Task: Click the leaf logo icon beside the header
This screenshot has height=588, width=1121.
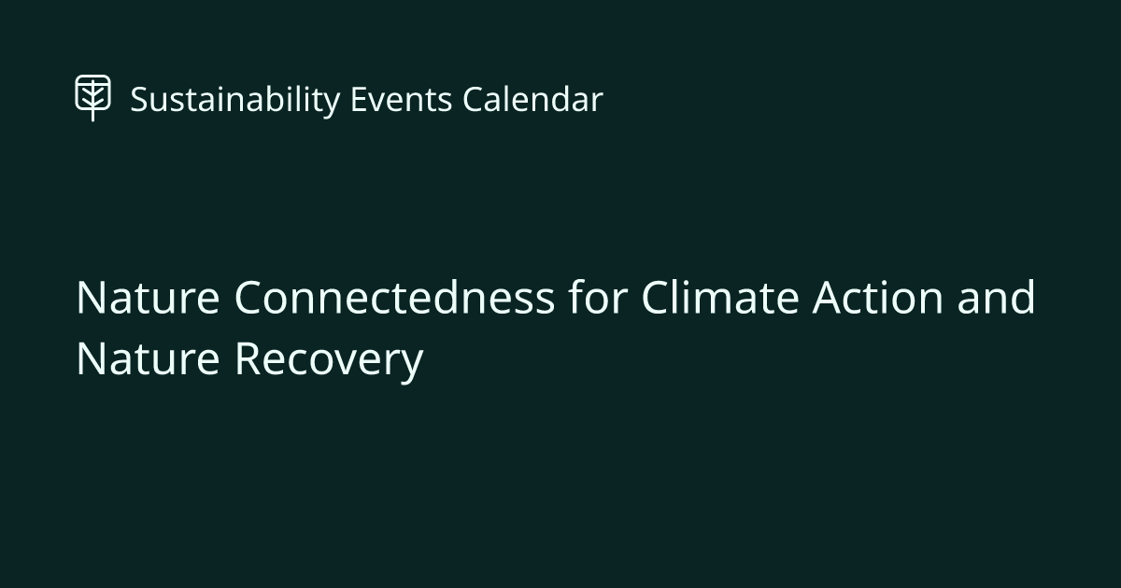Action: click(92, 95)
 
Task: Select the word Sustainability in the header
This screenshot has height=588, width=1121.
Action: click(234, 100)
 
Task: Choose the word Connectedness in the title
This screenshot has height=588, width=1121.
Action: click(393, 299)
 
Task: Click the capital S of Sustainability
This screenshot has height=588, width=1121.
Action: click(138, 100)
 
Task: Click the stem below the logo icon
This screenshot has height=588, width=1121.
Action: click(92, 116)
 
